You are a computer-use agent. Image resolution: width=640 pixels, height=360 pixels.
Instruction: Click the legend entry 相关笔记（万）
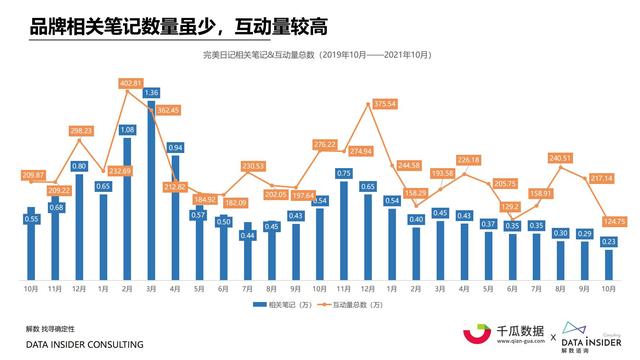[x=281, y=304]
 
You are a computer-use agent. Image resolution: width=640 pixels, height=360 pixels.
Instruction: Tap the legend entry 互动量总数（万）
[x=365, y=304]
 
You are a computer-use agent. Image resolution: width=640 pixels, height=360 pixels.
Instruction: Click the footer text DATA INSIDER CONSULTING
[x=84, y=344]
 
